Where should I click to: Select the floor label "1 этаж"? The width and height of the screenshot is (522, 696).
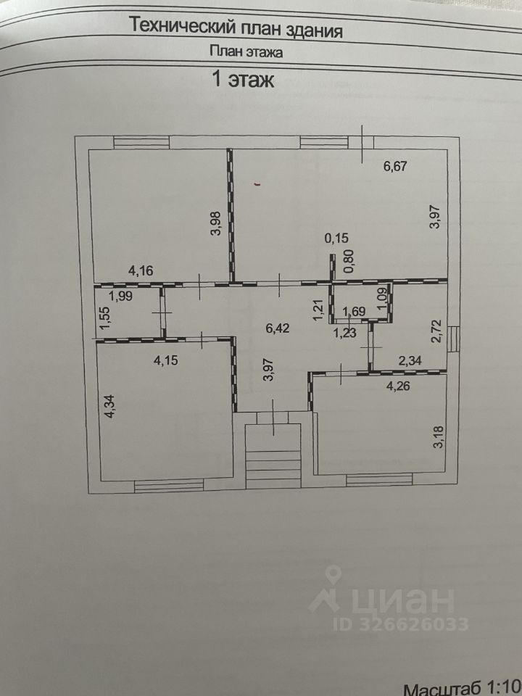(242, 80)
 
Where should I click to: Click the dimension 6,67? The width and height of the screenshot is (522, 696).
(397, 166)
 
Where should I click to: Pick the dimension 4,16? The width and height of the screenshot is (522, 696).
(141, 272)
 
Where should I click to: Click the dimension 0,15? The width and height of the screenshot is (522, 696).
(336, 237)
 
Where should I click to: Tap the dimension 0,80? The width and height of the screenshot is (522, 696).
(349, 261)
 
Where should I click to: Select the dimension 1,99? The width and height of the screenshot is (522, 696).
(121, 295)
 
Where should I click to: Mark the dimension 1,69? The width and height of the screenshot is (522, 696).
(354, 312)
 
